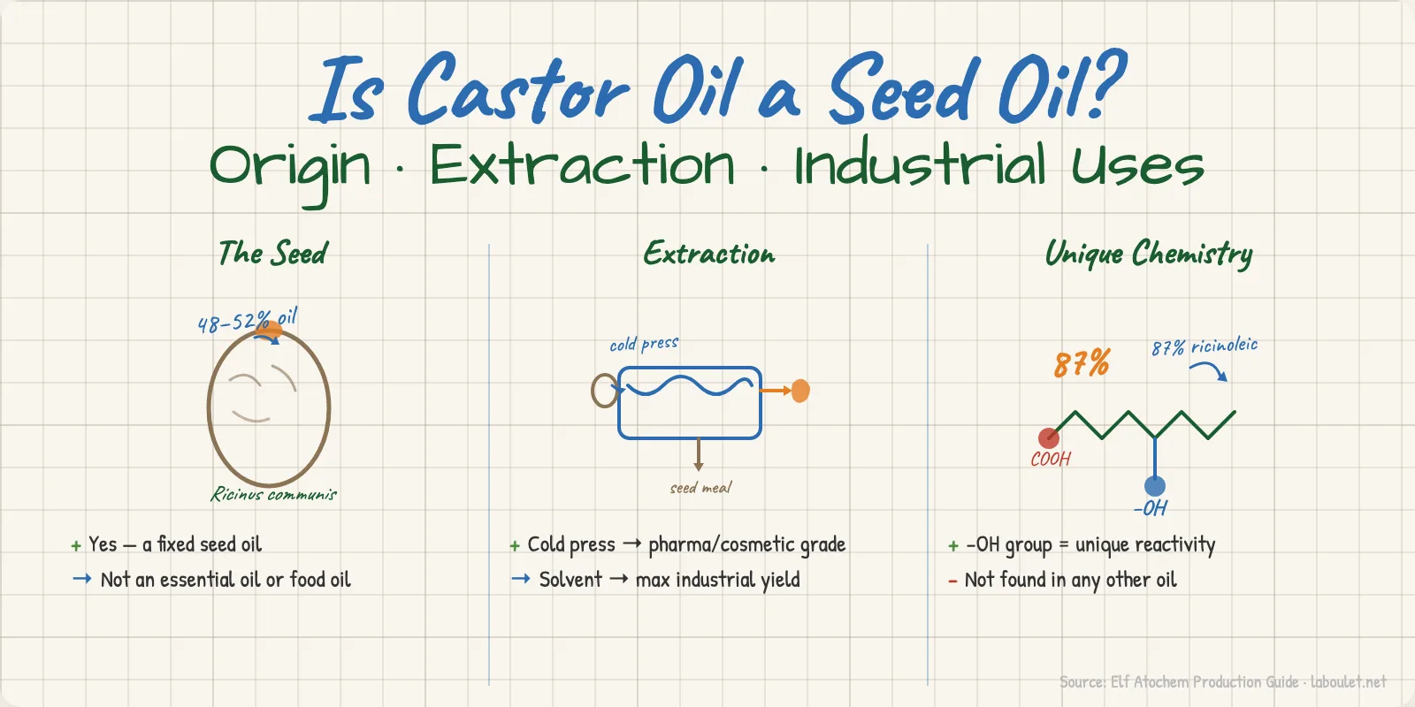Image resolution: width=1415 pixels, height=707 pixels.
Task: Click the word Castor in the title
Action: click(x=517, y=90)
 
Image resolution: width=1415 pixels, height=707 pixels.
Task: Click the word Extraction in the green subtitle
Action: click(x=582, y=166)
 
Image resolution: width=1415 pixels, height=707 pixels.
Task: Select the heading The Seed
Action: click(x=272, y=254)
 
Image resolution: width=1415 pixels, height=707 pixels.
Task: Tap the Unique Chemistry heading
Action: click(x=1148, y=255)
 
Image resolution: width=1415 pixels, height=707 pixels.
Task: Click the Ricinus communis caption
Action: click(x=273, y=495)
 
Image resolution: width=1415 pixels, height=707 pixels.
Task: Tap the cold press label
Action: click(x=644, y=344)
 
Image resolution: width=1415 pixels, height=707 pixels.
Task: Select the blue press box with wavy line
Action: click(x=690, y=403)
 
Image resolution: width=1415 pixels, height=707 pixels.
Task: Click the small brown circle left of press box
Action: click(x=604, y=390)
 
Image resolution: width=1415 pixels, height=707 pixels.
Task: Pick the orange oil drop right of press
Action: click(x=800, y=391)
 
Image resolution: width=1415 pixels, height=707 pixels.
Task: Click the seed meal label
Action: click(x=700, y=488)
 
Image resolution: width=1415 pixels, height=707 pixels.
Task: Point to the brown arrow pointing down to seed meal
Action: click(x=699, y=454)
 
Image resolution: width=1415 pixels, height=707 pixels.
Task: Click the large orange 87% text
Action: click(x=1081, y=363)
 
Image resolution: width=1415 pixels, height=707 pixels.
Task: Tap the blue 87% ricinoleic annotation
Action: click(x=1204, y=346)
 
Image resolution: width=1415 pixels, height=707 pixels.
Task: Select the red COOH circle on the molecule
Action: click(x=1048, y=437)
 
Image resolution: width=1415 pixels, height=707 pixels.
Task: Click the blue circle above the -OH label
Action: click(x=1155, y=486)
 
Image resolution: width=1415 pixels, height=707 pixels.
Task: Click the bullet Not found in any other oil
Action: click(x=1069, y=581)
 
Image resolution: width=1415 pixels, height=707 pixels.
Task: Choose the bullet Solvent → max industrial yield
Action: click(x=669, y=581)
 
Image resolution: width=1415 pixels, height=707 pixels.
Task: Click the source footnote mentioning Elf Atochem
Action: click(x=1222, y=682)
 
